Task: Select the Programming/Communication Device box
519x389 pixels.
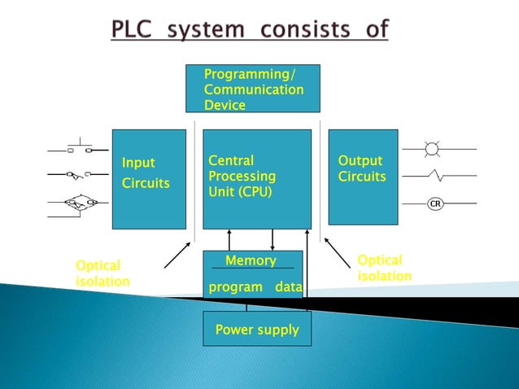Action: pyautogui.click(x=252, y=88)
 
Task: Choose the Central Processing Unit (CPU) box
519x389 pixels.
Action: pyautogui.click(x=256, y=178)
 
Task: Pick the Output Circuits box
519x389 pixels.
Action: pyautogui.click(x=363, y=176)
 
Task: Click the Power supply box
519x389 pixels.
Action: pyautogui.click(x=256, y=330)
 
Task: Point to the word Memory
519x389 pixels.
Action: pyautogui.click(x=251, y=260)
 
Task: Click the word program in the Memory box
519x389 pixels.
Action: pyautogui.click(x=236, y=287)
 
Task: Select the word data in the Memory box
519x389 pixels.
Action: pyautogui.click(x=289, y=287)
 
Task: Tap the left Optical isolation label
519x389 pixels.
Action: pyautogui.click(x=102, y=273)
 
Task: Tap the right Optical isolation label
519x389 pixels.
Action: pyautogui.click(x=384, y=268)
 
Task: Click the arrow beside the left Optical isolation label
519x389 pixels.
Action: pyautogui.click(x=177, y=255)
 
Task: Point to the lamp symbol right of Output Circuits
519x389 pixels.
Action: pyautogui.click(x=432, y=149)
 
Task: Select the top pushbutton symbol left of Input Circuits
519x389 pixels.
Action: pyautogui.click(x=78, y=149)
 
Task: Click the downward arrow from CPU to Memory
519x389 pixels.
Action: pyautogui.click(x=273, y=238)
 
